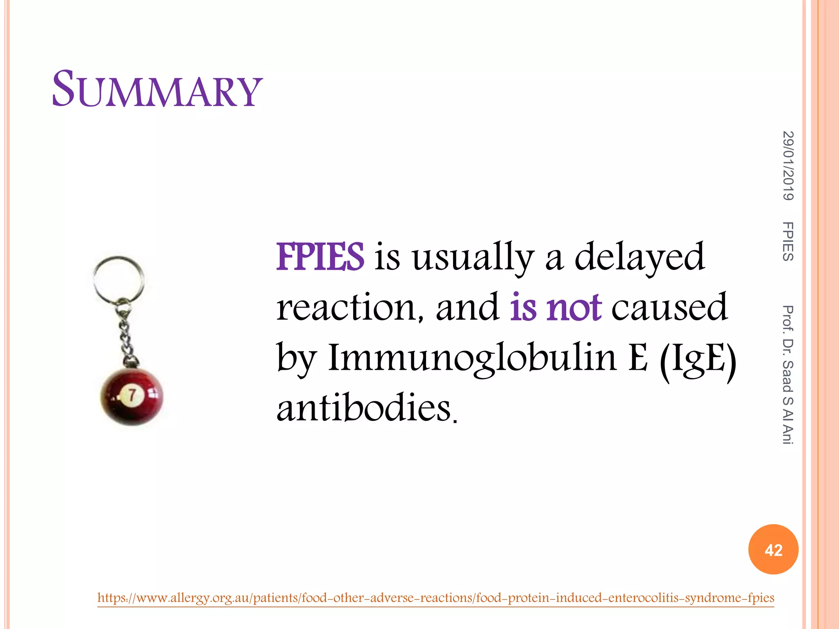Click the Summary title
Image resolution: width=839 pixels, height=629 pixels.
tap(157, 89)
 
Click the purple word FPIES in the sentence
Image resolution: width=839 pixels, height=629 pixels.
tap(320, 257)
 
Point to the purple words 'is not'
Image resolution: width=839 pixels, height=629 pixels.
tap(556, 308)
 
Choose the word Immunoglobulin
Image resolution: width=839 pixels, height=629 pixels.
tap(472, 358)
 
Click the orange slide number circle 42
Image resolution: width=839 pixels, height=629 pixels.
tap(773, 550)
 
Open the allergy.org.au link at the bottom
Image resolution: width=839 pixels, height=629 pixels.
tap(435, 598)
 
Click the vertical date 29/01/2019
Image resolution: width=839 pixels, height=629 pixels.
tap(788, 165)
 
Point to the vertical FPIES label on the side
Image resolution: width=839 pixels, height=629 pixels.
tap(788, 241)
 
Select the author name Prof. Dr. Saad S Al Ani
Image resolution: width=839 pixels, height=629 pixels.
tap(788, 375)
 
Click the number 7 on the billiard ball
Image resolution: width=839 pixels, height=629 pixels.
tap(132, 395)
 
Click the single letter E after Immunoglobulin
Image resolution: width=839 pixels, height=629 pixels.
tap(638, 358)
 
